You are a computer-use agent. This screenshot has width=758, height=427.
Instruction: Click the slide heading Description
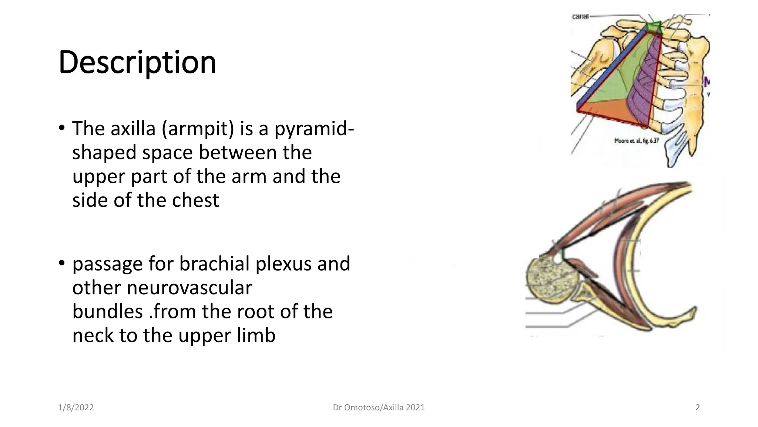click(x=137, y=62)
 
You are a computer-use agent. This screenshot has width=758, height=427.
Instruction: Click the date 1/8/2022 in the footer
click(x=76, y=408)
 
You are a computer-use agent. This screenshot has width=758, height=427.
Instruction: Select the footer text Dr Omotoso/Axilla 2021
click(x=379, y=408)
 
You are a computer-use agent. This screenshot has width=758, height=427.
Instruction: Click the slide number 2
click(x=698, y=408)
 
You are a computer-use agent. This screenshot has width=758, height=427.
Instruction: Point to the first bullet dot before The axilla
click(x=61, y=128)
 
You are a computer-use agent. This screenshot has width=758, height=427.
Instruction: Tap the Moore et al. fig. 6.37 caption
click(x=637, y=141)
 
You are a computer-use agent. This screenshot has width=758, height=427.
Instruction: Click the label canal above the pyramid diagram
click(x=580, y=17)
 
